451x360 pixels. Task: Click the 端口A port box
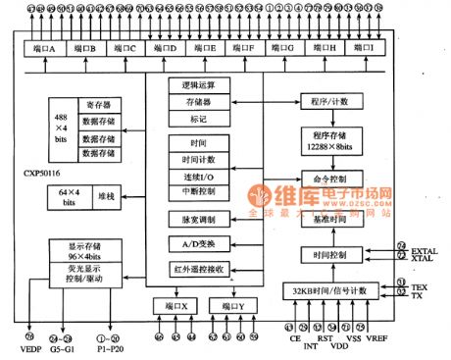point(42,48)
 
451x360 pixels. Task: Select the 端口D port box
point(166,48)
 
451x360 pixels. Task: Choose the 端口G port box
point(285,48)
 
